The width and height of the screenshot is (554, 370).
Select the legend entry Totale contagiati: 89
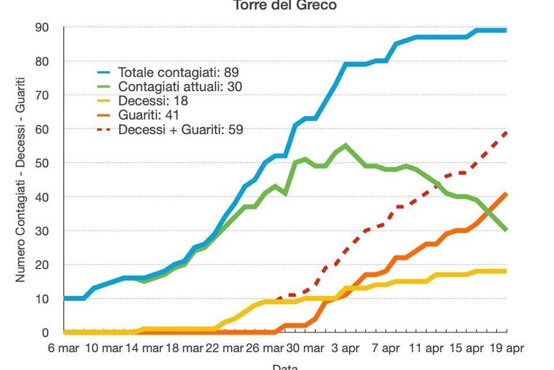[x=178, y=73]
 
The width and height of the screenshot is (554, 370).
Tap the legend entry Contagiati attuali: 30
[x=179, y=87]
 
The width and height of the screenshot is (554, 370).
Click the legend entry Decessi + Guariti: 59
[x=181, y=129]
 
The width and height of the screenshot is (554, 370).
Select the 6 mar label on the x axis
[x=63, y=349]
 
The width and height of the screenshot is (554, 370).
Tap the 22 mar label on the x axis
[x=224, y=349]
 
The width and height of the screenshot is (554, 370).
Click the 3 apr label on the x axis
[x=345, y=349]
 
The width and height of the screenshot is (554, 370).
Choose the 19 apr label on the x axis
[x=506, y=349]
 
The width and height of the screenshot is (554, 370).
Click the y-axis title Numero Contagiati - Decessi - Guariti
[x=21, y=179]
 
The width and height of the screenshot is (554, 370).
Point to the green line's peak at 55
[x=345, y=145]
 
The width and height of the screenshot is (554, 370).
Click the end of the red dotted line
[x=506, y=132]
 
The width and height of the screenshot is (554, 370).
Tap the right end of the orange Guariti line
[x=506, y=194]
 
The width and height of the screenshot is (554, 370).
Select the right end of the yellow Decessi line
[x=506, y=271]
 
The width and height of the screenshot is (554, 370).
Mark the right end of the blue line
[x=506, y=30]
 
